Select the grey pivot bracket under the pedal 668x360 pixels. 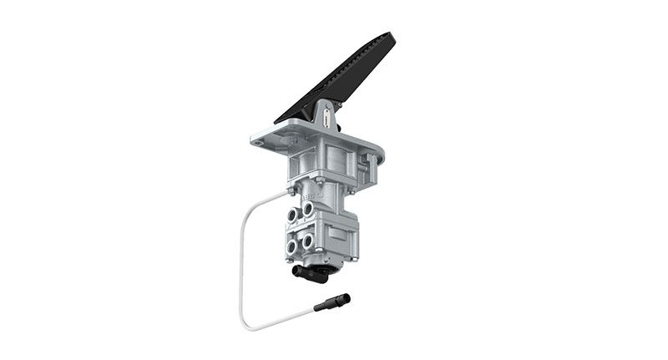click(328, 118)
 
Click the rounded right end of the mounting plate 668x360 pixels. click(379, 152)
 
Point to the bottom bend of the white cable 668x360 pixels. click(247, 323)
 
